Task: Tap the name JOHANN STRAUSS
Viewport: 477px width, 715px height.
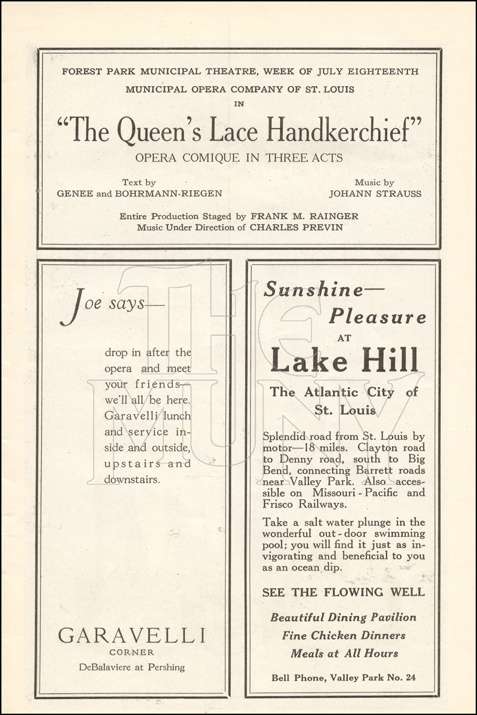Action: pyautogui.click(x=375, y=194)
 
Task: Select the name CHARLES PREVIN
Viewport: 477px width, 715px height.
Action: pyautogui.click(x=296, y=227)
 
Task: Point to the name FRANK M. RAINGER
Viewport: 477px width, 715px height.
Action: pyautogui.click(x=304, y=216)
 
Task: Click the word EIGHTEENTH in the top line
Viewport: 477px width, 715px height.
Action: pyautogui.click(x=383, y=72)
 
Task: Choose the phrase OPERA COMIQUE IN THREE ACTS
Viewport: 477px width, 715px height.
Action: pyautogui.click(x=239, y=158)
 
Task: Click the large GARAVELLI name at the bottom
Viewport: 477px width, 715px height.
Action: pyautogui.click(x=132, y=635)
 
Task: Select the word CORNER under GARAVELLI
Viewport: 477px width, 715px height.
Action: pyautogui.click(x=132, y=652)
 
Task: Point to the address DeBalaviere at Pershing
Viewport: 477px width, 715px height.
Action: pyautogui.click(x=132, y=667)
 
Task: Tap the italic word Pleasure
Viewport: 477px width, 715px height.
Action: pyautogui.click(x=377, y=317)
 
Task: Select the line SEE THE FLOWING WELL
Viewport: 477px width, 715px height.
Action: pyautogui.click(x=343, y=592)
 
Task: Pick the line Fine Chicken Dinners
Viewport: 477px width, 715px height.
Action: pyautogui.click(x=343, y=635)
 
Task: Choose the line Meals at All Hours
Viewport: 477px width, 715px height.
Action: pyautogui.click(x=344, y=654)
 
